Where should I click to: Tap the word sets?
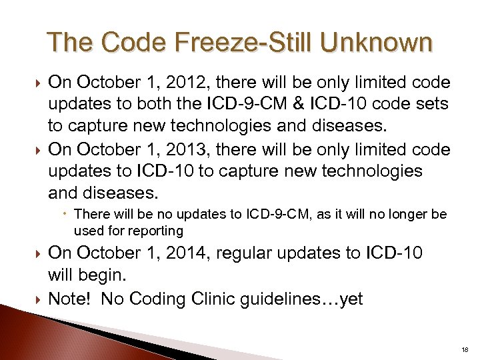(x=433, y=105)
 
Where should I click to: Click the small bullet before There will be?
(x=67, y=214)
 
